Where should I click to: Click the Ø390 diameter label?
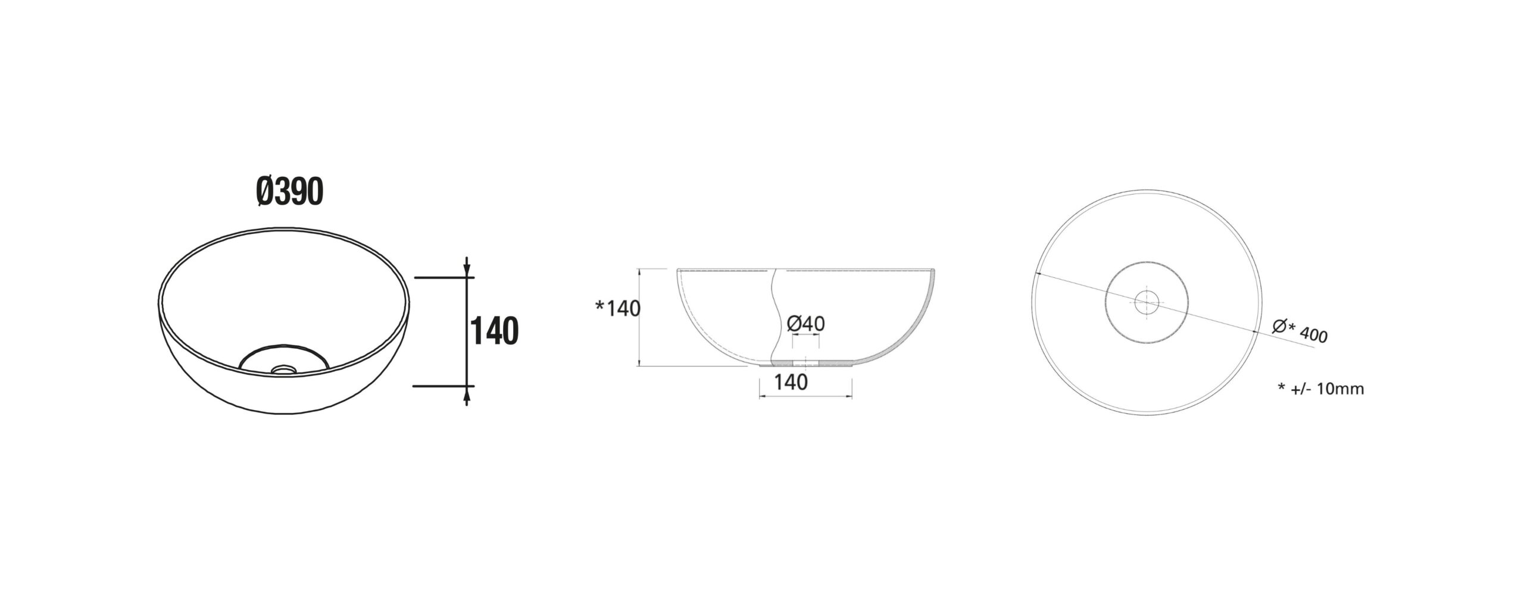(289, 192)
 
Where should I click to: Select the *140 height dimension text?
(618, 308)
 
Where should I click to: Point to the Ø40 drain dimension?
(805, 324)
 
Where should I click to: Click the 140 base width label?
(791, 382)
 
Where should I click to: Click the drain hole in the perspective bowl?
(284, 369)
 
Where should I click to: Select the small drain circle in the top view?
(1147, 302)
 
